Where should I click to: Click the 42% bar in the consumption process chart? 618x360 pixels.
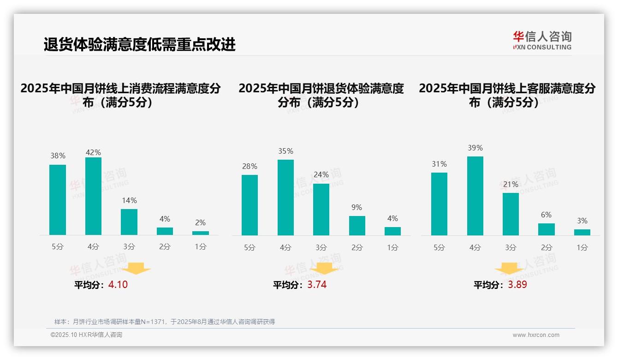pos(93,196)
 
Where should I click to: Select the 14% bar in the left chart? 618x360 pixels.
pos(129,222)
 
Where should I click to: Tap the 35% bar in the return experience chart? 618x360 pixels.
pos(285,198)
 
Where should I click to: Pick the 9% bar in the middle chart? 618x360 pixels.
pos(357,226)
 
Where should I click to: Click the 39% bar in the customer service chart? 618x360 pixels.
pos(475,196)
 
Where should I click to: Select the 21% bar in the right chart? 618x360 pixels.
pos(511,214)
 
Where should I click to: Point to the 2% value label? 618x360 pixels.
pos(201,222)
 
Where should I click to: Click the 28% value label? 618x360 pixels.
pos(250,166)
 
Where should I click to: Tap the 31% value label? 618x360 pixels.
pos(439,164)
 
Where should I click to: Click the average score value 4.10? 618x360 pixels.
pos(118,285)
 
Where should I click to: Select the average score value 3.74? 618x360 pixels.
pos(317,285)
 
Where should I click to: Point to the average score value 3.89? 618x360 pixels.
pos(517,285)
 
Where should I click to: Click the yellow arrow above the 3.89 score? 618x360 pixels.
pos(509,269)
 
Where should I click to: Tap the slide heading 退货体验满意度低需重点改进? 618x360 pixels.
pos(140,44)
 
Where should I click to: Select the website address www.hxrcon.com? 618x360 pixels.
pos(536,335)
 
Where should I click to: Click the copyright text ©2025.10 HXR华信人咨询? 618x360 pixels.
pos(86,335)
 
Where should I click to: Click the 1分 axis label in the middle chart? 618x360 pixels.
pos(392,247)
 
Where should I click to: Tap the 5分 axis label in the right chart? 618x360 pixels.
pos(439,247)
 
